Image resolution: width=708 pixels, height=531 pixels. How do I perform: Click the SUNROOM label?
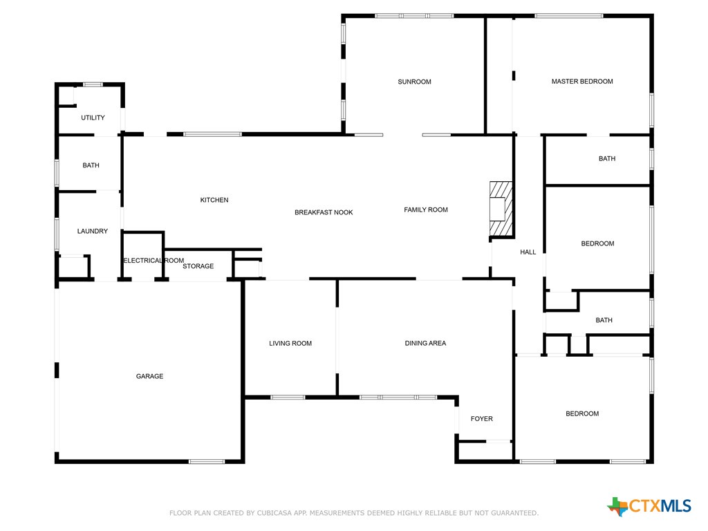(414, 82)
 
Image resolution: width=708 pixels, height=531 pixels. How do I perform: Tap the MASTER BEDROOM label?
(582, 82)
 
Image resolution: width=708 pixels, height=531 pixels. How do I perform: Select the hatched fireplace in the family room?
(501, 209)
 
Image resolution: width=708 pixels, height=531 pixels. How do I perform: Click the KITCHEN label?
(214, 200)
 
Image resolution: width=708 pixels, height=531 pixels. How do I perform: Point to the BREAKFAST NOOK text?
(324, 212)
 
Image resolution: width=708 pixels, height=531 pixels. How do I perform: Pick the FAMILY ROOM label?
(426, 209)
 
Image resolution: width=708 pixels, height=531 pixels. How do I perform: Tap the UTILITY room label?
(93, 118)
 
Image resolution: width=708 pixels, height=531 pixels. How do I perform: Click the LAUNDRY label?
(92, 231)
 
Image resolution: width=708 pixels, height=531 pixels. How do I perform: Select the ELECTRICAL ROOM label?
(153, 261)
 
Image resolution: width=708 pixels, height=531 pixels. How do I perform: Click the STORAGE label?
(198, 266)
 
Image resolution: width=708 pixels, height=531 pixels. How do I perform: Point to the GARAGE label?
(149, 376)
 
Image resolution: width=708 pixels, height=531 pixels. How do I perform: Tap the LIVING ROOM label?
(290, 344)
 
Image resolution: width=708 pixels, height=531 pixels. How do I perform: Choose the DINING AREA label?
(425, 343)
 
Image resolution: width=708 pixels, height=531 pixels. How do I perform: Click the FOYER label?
(482, 419)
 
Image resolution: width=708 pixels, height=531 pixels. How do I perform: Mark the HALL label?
(528, 252)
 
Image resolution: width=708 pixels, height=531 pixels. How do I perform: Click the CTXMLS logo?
(649, 506)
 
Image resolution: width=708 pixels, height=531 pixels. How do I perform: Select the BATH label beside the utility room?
(91, 165)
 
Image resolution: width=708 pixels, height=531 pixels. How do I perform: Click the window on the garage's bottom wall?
(206, 461)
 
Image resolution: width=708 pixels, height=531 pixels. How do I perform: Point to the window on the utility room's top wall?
(93, 84)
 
